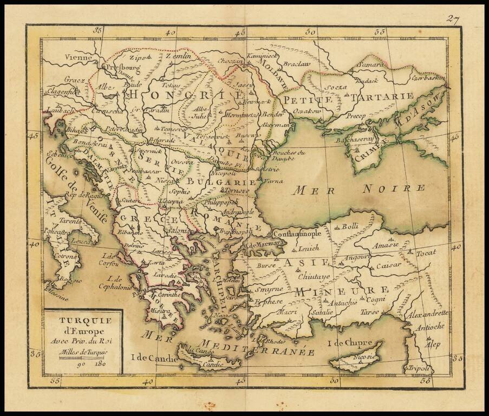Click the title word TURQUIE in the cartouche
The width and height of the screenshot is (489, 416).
(83, 321)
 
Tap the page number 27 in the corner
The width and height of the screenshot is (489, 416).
(453, 19)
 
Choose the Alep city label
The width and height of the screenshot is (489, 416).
(433, 344)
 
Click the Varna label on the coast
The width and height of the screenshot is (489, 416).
(275, 181)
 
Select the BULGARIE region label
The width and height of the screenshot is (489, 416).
(230, 183)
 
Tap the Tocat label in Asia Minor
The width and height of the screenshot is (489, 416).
(426, 253)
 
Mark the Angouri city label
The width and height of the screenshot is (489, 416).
(358, 257)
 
